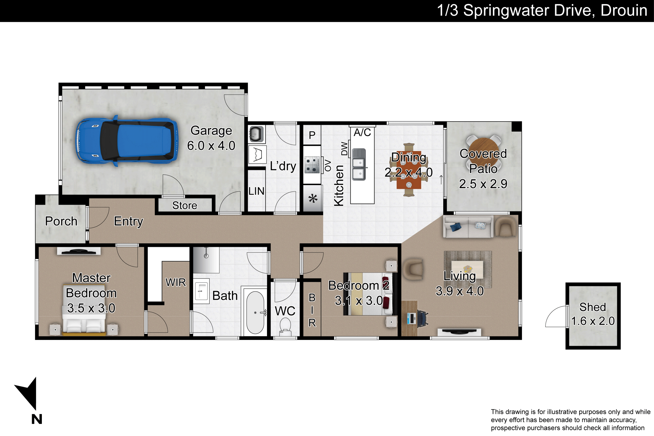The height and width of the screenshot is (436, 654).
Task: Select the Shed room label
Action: (593, 307)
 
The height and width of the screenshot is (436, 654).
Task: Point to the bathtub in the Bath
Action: (255, 312)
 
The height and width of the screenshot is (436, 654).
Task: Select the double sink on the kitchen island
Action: (359, 165)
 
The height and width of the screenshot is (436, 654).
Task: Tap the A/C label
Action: (362, 132)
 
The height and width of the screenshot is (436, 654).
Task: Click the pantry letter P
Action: (312, 135)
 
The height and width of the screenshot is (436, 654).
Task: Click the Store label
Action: (185, 206)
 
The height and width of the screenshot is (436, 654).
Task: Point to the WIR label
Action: (175, 283)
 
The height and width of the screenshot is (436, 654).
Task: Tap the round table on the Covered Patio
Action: (483, 151)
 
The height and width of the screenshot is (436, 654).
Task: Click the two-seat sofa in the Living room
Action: (468, 227)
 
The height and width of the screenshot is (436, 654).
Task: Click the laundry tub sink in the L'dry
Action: (256, 134)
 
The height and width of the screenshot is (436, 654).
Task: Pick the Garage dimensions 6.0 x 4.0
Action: (211, 146)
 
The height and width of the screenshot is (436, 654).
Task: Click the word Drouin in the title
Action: (624, 10)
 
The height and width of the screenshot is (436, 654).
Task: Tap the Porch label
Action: (61, 221)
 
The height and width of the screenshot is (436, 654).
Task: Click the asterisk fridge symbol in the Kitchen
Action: (313, 199)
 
